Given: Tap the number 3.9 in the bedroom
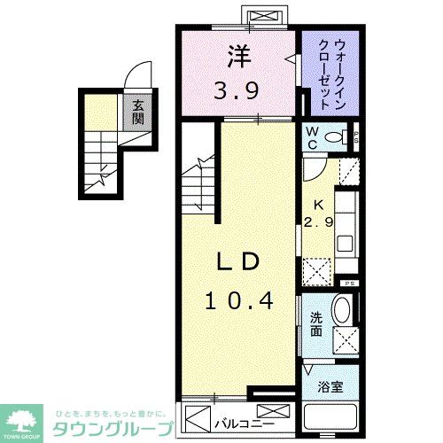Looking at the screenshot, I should click(x=237, y=89).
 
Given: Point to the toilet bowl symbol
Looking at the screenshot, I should click(x=337, y=137).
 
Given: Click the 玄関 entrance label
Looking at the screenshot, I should click(x=138, y=113).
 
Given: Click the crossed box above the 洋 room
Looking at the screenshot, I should click(x=263, y=18).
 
